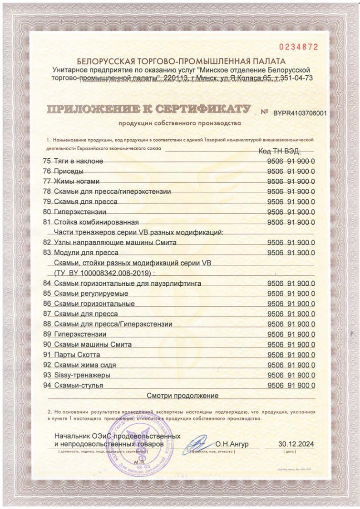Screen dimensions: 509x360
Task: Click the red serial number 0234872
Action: [x=299, y=47]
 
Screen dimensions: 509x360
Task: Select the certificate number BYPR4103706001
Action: [x=299, y=113]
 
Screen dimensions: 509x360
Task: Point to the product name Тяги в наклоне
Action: [x=79, y=161]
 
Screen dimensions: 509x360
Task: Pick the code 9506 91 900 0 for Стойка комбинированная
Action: [x=291, y=222]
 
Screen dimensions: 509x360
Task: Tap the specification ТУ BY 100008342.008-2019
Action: [x=104, y=273]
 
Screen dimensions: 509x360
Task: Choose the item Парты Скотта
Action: [x=77, y=355]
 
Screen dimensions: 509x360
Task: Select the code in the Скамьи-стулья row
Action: [x=291, y=385]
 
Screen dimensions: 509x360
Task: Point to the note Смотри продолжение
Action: [x=183, y=395]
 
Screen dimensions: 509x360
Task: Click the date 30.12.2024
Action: [x=296, y=444]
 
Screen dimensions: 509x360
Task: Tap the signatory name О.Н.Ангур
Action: [x=232, y=444]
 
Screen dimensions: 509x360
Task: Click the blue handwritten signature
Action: [x=198, y=443]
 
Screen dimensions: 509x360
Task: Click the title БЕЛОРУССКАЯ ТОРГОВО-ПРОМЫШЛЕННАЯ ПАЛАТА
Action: [x=181, y=61]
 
